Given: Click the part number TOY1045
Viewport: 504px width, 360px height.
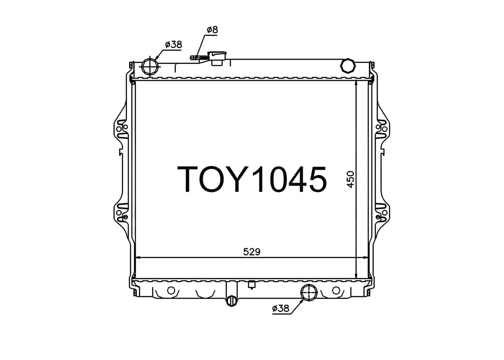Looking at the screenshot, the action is [252, 179].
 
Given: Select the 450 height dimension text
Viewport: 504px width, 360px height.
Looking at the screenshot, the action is [351, 179].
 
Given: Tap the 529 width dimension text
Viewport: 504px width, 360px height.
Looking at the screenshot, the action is [252, 252].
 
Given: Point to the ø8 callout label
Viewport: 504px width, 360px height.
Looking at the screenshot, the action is [212, 30].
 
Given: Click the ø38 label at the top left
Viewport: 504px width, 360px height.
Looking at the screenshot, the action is [173, 45].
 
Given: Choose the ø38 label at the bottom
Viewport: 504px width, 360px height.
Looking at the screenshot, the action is [280, 308].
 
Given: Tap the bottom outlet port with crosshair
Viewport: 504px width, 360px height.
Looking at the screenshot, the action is [309, 292].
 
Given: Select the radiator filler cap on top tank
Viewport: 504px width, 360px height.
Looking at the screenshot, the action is [217, 58].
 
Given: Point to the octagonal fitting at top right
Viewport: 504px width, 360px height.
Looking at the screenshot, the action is [348, 66].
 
